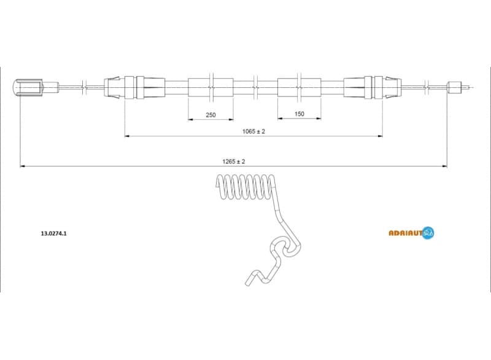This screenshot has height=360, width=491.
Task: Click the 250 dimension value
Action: pyautogui.click(x=211, y=114)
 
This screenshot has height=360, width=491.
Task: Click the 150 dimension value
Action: pyautogui.click(x=300, y=114)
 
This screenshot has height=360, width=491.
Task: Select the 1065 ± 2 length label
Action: pyautogui.click(x=253, y=131)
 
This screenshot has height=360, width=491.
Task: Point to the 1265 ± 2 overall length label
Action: pyautogui.click(x=234, y=162)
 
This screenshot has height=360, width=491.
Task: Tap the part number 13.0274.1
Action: pyautogui.click(x=53, y=233)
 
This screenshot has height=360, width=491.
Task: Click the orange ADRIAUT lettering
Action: pyautogui.click(x=406, y=232)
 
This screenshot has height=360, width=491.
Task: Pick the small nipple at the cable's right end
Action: pyautogui.click(x=455, y=87)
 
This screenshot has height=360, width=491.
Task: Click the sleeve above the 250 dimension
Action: pyautogui.click(x=211, y=87)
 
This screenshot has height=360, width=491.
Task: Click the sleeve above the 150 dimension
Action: pyautogui.click(x=300, y=87)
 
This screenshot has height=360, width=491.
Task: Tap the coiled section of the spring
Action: pyautogui.click(x=244, y=187)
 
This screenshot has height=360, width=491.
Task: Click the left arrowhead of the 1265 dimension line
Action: pyautogui.click(x=23, y=166)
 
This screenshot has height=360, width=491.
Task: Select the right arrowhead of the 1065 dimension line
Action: pyautogui.click(x=381, y=136)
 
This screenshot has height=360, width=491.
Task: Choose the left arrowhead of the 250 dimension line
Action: pyautogui.click(x=190, y=119)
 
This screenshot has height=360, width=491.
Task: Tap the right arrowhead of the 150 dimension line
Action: pyautogui.click(x=319, y=119)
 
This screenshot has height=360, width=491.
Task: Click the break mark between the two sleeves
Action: pyautogui.click(x=255, y=87)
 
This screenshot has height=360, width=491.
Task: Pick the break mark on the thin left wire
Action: pyautogui.click(x=83, y=87)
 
